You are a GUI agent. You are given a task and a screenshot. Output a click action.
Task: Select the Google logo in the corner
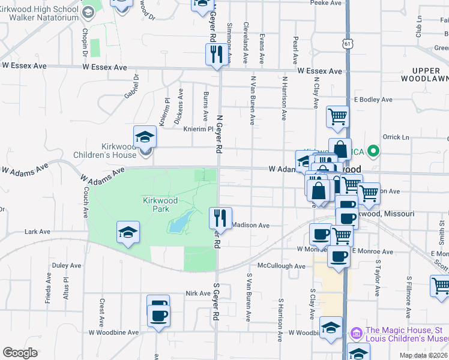(x=20, y=353)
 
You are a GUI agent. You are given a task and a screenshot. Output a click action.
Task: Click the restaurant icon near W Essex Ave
(x=215, y=54)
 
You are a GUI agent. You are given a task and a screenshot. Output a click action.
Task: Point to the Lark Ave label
(x=37, y=232)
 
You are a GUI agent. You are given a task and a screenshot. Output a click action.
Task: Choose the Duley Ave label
(x=66, y=265)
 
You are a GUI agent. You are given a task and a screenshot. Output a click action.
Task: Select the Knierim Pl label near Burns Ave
(x=198, y=129)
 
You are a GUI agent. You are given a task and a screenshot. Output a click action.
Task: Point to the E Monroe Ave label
(x=372, y=251)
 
